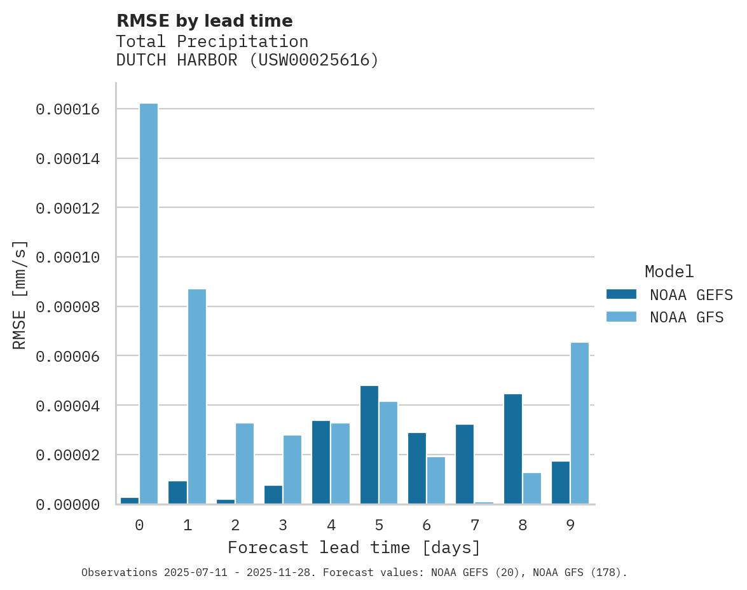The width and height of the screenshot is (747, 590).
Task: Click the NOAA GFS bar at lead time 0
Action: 149,304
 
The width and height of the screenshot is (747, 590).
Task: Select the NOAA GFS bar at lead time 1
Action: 197,397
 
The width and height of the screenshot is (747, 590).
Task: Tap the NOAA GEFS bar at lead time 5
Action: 369,445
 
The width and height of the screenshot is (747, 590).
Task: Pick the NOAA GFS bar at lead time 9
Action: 580,423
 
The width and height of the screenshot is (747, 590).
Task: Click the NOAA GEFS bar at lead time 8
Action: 513,449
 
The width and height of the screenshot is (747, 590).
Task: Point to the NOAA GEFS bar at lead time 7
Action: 465,464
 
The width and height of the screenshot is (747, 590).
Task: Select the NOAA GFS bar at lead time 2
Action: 245,463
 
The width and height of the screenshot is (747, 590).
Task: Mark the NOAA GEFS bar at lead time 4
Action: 321,462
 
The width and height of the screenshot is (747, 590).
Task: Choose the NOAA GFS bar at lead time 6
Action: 436,481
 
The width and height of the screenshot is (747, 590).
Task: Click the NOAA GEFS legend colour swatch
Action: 621,294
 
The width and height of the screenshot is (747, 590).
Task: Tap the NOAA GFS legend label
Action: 687,317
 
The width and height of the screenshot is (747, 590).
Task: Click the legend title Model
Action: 669,271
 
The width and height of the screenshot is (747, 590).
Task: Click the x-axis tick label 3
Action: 283,526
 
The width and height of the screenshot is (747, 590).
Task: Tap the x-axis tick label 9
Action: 570,526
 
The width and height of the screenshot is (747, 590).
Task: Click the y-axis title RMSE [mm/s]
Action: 20,294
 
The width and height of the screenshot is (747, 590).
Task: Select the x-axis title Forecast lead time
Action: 354,547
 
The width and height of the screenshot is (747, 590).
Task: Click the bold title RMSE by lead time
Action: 205,21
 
